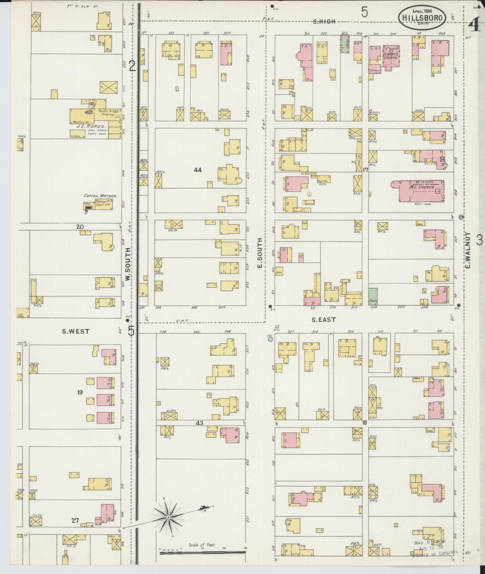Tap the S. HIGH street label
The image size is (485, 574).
click(x=324, y=22)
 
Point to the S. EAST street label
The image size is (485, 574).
click(x=324, y=320)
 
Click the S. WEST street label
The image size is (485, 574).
click(x=76, y=331)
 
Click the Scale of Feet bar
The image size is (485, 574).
click(x=203, y=552)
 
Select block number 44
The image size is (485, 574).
click(x=197, y=170)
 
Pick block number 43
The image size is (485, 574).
click(x=199, y=423)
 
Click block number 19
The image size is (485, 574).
click(x=80, y=392)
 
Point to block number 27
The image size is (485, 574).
click(x=75, y=521)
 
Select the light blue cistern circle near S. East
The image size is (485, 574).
click(x=270, y=339)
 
